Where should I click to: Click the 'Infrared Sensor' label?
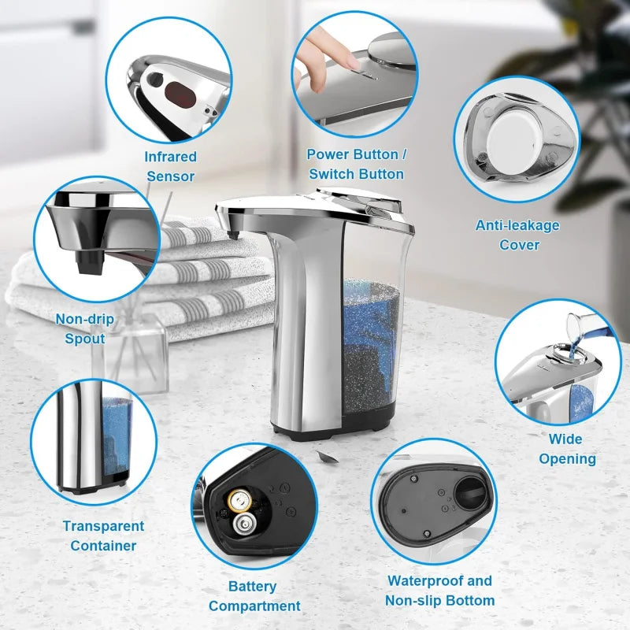pyautogui.click(x=170, y=166)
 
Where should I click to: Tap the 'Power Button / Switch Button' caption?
pyautogui.click(x=356, y=164)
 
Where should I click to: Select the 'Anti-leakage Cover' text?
pyautogui.click(x=518, y=235)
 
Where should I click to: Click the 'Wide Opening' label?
pyautogui.click(x=567, y=448)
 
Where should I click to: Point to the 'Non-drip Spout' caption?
pyautogui.click(x=84, y=328)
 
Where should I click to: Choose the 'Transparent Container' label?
pyautogui.click(x=103, y=535)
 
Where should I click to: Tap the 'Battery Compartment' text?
pyautogui.click(x=254, y=596)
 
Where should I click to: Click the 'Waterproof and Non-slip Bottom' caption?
pyautogui.click(x=439, y=591)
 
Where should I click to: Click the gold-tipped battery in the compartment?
pyautogui.click(x=237, y=498)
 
